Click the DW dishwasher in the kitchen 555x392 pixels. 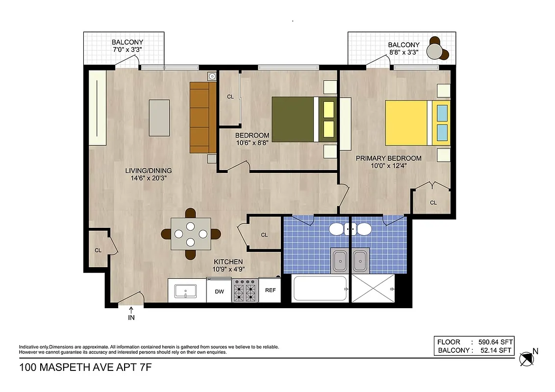[x=219, y=291]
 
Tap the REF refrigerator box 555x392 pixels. [x=270, y=290]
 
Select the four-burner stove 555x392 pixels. [x=245, y=291]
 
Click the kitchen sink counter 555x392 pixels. [x=186, y=291]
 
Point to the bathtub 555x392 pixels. [x=320, y=289]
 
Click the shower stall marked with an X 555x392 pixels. [x=373, y=289]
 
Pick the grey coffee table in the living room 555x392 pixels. [x=159, y=118]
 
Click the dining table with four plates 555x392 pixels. [x=191, y=234]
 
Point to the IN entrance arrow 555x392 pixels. [x=131, y=314]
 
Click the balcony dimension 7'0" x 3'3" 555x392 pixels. [x=124, y=49]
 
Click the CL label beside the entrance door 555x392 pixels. [x=98, y=250]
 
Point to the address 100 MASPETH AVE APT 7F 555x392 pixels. [x=83, y=367]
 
